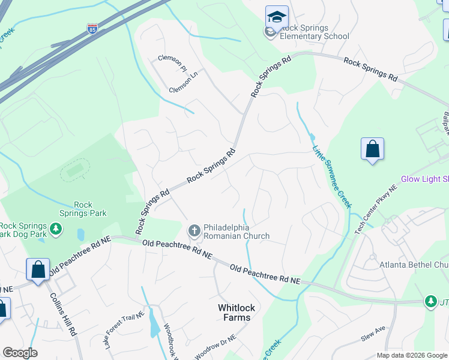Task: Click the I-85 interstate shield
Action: (x=92, y=28)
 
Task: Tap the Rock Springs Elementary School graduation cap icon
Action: (x=277, y=17)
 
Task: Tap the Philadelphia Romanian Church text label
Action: (x=237, y=232)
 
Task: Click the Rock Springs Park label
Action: (x=83, y=209)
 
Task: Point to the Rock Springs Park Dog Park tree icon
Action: (x=56, y=229)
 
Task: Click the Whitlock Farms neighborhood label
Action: (x=236, y=313)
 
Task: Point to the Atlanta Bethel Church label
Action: (x=414, y=264)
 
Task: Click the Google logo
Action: (x=20, y=353)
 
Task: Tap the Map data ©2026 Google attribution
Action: (x=412, y=355)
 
